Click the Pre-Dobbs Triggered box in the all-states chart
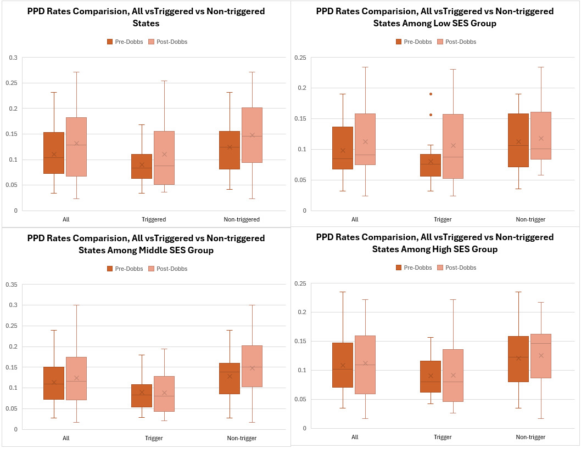tap(142, 166)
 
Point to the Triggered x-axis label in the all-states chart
tap(153, 219)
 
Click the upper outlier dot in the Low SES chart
tap(431, 94)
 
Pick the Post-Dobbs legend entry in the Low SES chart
tap(456, 42)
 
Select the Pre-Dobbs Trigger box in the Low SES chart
tap(431, 165)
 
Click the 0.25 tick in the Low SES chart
tap(300, 58)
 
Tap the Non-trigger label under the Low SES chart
tap(530, 219)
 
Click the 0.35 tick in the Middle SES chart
tap(12, 284)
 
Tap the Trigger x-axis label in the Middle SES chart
tap(153, 438)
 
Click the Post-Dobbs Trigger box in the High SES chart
tap(452, 376)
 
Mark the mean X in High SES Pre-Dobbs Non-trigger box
tap(518, 358)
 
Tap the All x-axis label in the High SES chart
tap(354, 437)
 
